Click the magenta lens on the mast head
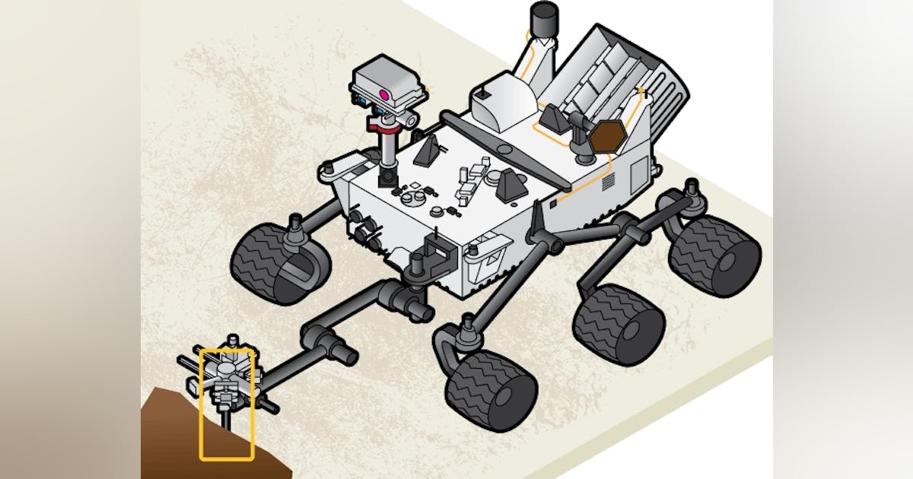point(386,95)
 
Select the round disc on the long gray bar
point(502,145)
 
